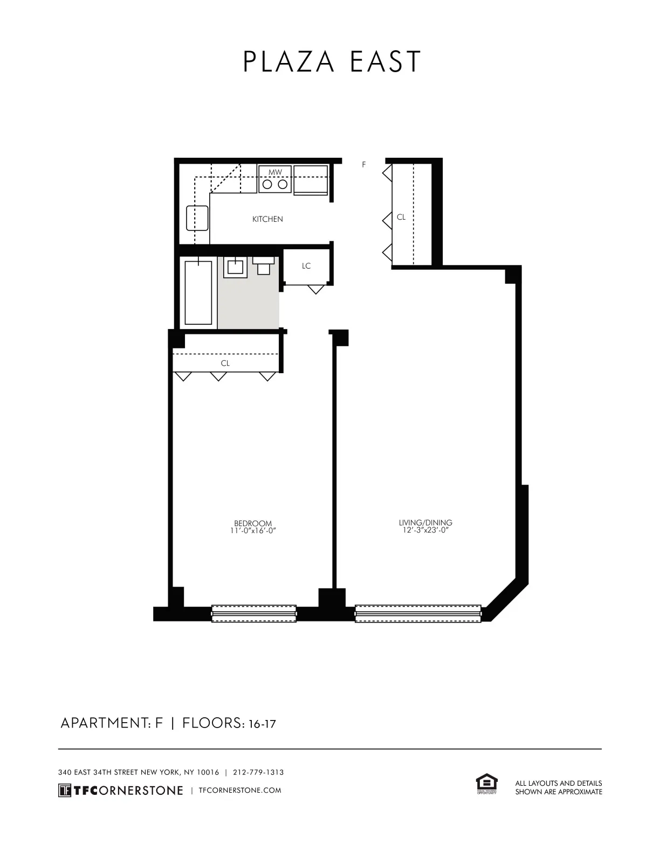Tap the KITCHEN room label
click(x=267, y=219)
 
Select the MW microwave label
click(x=275, y=172)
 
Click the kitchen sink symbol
click(x=197, y=218)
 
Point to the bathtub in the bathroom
click(x=198, y=292)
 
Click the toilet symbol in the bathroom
click(x=263, y=265)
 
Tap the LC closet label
click(x=306, y=266)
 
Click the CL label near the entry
click(x=401, y=217)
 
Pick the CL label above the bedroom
click(x=225, y=363)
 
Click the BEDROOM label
click(x=253, y=523)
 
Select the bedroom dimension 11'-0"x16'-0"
click(x=253, y=530)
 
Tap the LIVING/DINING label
click(x=425, y=522)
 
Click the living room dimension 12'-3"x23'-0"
click(x=425, y=530)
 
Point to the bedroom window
click(x=253, y=613)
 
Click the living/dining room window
click(x=418, y=613)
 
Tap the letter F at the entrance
click(x=364, y=165)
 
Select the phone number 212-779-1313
click(x=258, y=772)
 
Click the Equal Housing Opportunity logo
click(x=486, y=784)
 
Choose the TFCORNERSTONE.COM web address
click(x=240, y=790)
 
